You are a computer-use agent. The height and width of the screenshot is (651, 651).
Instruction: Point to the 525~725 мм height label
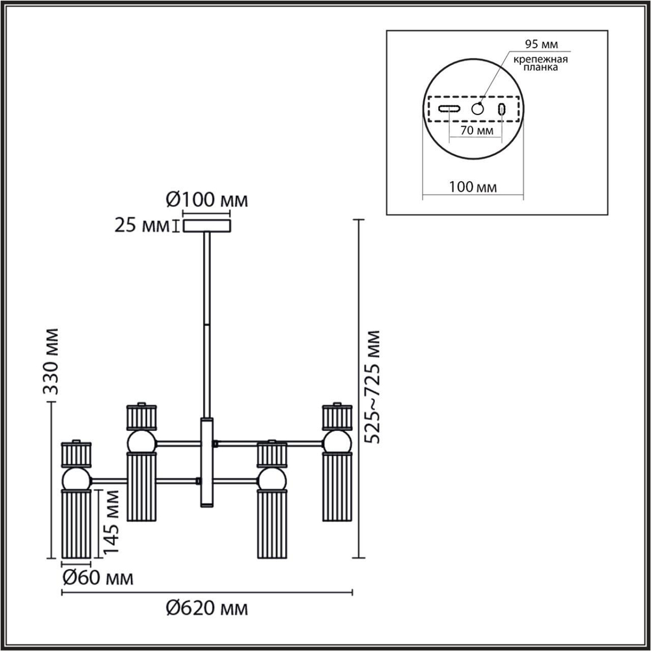373,387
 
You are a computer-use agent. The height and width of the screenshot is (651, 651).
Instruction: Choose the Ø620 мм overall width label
207,609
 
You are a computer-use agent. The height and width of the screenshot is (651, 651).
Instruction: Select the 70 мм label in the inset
475,130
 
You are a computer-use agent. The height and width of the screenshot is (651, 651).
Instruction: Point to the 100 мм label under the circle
473,187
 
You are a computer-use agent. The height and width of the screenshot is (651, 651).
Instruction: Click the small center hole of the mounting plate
478,109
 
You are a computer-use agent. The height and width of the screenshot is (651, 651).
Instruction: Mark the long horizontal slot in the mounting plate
449,109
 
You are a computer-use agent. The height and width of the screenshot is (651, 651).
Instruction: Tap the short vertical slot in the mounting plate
502,109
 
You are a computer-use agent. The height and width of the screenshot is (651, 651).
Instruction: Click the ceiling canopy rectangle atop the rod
207,226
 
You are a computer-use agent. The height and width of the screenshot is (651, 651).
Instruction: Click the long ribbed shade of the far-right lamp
337,487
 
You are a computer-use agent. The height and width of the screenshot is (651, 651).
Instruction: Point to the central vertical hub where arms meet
207,462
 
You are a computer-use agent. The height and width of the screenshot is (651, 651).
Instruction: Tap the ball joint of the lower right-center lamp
271,480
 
